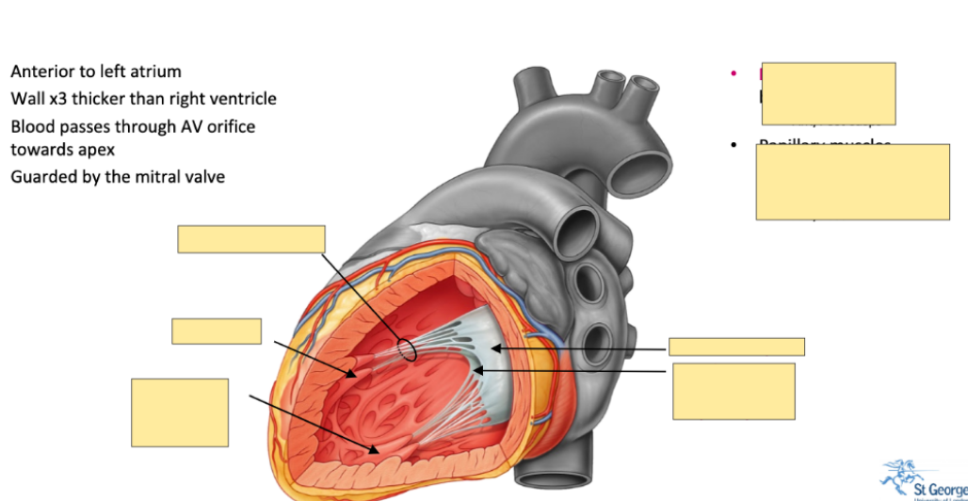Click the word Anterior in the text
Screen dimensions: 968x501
tap(40, 72)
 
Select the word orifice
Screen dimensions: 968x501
tap(228, 126)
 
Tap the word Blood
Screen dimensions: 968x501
tap(34, 126)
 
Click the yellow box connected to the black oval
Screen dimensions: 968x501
tap(251, 239)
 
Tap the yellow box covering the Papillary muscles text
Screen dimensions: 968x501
tap(852, 182)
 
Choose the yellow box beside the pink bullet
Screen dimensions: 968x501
tap(829, 93)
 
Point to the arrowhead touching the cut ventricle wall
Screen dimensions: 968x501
tap(375, 449)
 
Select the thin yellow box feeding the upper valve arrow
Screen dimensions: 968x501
tap(736, 347)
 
